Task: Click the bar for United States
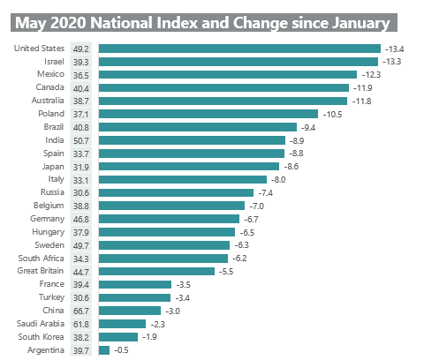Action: click(x=239, y=49)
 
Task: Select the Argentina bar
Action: click(x=104, y=350)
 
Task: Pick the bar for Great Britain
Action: click(x=156, y=271)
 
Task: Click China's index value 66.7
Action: click(x=83, y=311)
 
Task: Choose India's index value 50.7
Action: click(x=83, y=140)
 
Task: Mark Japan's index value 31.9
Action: click(x=83, y=167)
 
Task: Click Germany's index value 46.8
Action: click(x=83, y=219)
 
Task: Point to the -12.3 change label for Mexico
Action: click(x=372, y=75)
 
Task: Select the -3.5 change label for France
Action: click(x=184, y=284)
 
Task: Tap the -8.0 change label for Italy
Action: click(x=280, y=179)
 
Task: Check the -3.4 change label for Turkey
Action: click(x=183, y=297)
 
